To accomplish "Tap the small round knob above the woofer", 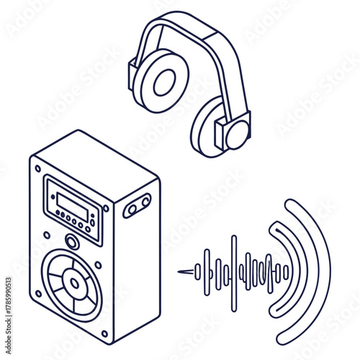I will (72, 242).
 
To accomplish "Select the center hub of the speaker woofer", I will (72, 284).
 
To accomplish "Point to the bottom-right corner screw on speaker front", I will (105, 333).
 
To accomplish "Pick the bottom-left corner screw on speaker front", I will (37, 292).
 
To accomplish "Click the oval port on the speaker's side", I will (137, 206).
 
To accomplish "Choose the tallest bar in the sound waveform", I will (233, 273).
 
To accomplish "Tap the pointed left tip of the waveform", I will (180, 272).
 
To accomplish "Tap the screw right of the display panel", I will (106, 209).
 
